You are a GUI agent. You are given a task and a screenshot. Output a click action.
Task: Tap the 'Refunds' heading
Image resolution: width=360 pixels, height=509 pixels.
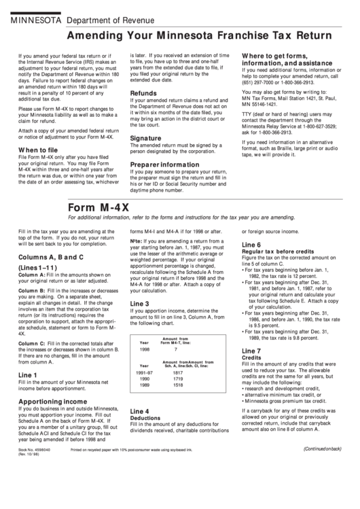click(143, 93)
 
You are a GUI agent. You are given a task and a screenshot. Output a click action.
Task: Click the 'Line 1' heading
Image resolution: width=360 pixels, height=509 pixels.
click(29, 374)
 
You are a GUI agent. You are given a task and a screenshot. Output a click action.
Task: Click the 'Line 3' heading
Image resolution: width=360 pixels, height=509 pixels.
click(140, 303)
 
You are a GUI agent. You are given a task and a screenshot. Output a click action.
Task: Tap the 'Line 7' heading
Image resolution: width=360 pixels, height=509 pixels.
click(251, 350)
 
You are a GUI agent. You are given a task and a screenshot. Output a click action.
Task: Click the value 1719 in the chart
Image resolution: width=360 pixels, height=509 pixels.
click(178, 379)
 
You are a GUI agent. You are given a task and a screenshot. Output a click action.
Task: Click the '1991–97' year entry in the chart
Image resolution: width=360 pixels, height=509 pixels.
click(145, 373)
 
